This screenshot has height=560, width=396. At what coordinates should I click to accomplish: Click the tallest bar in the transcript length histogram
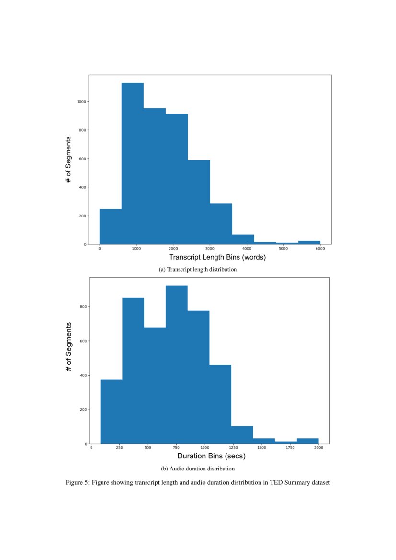[133, 163]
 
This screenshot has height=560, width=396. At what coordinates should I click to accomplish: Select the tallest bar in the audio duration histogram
[177, 364]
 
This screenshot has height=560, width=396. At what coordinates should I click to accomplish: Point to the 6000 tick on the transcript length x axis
[320, 249]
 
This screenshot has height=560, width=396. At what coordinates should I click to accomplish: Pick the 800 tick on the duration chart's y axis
[83, 307]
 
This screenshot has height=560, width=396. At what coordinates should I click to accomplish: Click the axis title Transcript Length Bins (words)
[210, 257]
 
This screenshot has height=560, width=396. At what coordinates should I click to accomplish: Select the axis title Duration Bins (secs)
[211, 457]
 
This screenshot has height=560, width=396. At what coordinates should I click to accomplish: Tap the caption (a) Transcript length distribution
[198, 270]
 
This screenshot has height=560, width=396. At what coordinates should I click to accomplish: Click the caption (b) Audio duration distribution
[197, 468]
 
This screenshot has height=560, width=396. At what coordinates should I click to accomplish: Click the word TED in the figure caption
[276, 483]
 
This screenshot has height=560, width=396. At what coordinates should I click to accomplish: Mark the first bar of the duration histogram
[111, 410]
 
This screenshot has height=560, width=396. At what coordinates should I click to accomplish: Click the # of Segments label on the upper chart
[69, 159]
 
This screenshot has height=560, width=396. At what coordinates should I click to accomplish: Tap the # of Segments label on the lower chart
[69, 347]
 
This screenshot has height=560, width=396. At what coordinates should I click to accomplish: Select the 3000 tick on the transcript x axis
[210, 249]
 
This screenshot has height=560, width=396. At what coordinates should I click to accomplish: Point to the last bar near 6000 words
[309, 242]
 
